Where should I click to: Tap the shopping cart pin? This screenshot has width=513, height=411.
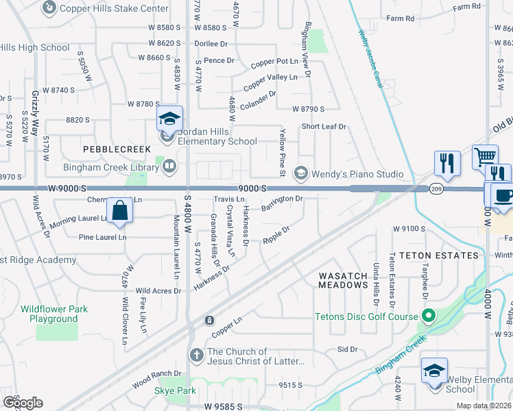coord(485,157)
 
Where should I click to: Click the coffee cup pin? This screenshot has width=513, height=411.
coord(502,195)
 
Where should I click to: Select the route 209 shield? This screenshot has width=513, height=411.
coord(436,188)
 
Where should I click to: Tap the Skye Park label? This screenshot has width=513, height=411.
coord(175,390)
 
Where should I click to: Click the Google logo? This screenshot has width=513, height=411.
coord(23,402)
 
